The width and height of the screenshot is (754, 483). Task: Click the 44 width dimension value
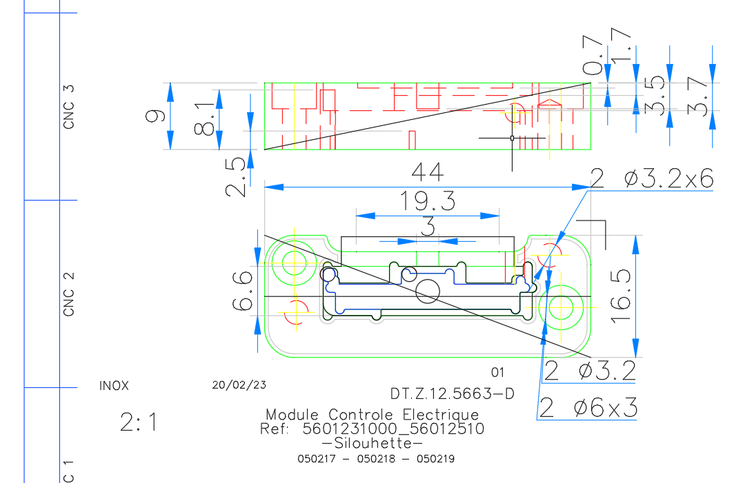pyautogui.click(x=427, y=172)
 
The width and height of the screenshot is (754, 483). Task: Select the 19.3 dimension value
pyautogui.click(x=427, y=202)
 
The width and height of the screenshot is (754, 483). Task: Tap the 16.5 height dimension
pyautogui.click(x=622, y=296)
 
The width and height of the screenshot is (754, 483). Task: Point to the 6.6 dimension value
pyautogui.click(x=243, y=291)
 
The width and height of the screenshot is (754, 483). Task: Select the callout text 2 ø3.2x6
pyautogui.click(x=652, y=179)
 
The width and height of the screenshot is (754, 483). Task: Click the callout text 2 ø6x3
pyautogui.click(x=588, y=408)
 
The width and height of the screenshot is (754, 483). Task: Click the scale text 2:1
pyautogui.click(x=139, y=422)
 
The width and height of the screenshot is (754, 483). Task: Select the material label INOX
pyautogui.click(x=114, y=386)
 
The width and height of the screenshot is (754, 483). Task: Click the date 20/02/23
pyautogui.click(x=239, y=384)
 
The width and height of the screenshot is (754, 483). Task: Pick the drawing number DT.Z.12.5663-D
pyautogui.click(x=452, y=394)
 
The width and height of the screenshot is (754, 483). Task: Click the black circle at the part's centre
pyautogui.click(x=428, y=291)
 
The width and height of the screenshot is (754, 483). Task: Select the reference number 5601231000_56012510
pyautogui.click(x=393, y=429)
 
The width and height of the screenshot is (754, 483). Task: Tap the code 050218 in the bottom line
pyautogui.click(x=377, y=458)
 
